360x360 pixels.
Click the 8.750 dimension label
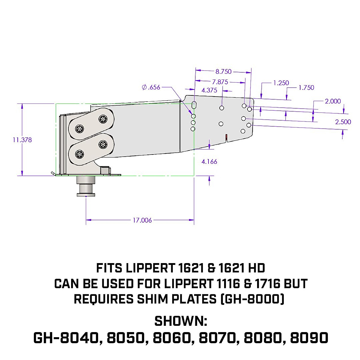(223, 71)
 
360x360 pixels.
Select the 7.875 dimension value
(220, 82)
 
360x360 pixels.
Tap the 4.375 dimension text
(209, 90)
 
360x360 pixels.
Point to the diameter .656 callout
(151, 87)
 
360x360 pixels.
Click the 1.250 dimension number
(281, 83)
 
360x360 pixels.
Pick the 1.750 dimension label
(306, 88)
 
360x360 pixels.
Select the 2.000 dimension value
(333, 101)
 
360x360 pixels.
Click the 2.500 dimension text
(343, 122)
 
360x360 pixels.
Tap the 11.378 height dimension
(22, 140)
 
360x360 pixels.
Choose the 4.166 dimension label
(209, 162)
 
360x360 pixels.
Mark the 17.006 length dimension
(142, 220)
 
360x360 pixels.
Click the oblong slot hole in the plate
(194, 105)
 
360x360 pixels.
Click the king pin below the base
(86, 188)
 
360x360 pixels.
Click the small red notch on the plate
(226, 137)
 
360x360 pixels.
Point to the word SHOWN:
(181, 321)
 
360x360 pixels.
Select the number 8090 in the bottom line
(309, 338)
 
